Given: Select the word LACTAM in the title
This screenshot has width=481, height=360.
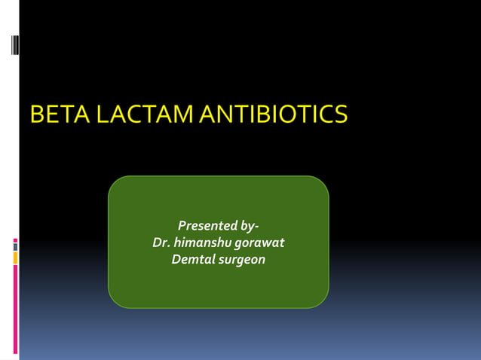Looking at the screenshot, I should (140, 114).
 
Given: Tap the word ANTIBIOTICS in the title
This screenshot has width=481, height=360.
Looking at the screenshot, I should (272, 114).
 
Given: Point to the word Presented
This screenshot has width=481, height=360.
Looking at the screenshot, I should (207, 225).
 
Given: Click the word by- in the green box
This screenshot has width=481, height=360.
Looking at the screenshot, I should (250, 225).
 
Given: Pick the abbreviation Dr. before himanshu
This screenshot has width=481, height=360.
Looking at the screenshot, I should (161, 243).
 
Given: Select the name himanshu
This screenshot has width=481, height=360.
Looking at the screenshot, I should (202, 243).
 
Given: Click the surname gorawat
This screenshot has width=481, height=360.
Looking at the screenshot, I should (259, 243).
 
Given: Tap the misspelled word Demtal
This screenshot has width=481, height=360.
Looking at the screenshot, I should (192, 260).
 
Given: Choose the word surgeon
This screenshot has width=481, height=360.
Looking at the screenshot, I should (242, 261).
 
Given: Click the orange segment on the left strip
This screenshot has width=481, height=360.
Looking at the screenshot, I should (15, 258).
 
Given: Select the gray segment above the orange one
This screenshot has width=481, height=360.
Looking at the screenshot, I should (15, 247).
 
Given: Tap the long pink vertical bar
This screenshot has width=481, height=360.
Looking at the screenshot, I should (15, 309).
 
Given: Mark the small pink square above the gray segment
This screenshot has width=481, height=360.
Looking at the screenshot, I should (15, 240).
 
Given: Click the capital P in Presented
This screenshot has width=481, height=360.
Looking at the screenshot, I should (182, 225).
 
